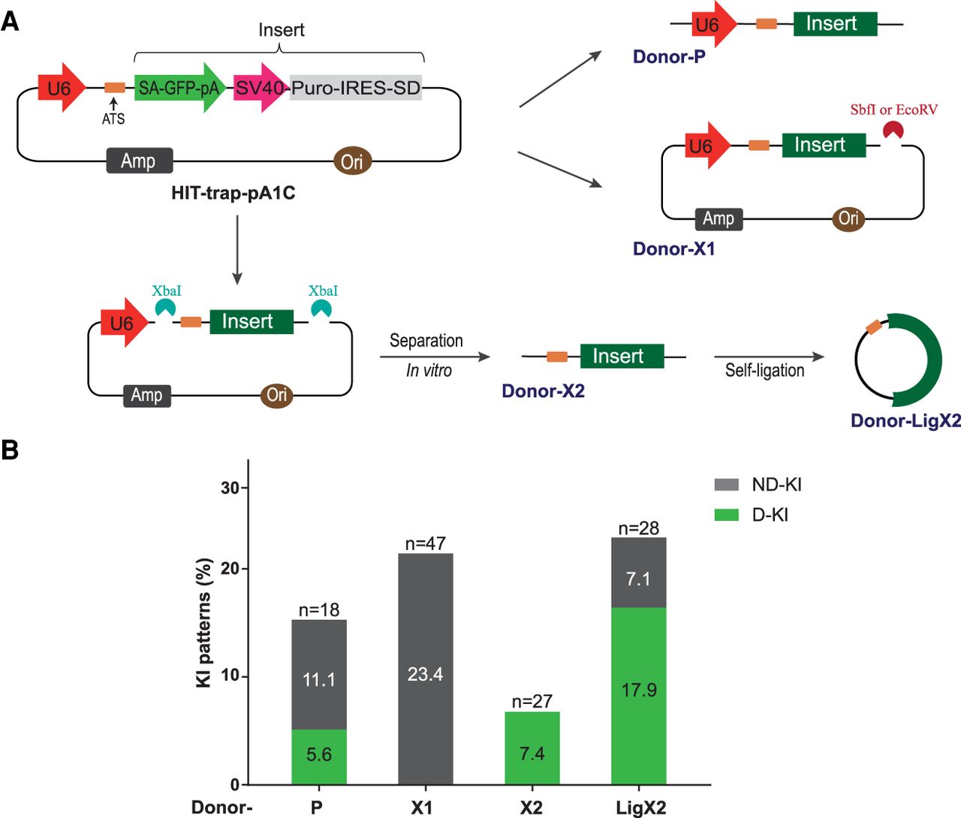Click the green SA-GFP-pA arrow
point(179,89)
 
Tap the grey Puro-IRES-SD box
point(355,88)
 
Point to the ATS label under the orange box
point(113,119)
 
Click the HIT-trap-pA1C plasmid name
point(233,194)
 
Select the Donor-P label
point(669,57)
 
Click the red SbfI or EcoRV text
point(893,110)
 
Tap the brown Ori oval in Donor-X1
point(848,218)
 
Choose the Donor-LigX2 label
point(905,421)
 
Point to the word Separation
point(426,341)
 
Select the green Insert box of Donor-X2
point(622,356)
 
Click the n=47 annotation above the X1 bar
point(425,543)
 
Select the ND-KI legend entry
point(758,485)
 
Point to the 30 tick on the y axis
point(230,488)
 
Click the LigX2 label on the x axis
point(640,807)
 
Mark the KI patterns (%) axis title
point(203,623)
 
